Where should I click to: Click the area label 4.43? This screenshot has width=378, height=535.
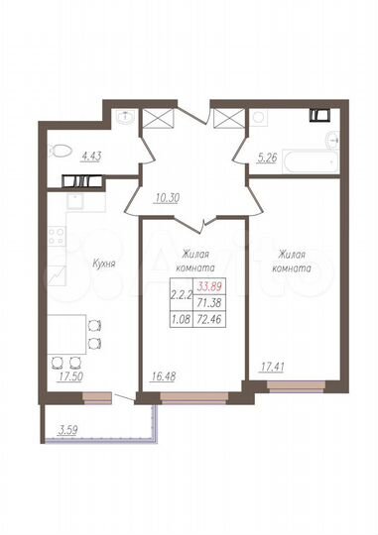point(91,154)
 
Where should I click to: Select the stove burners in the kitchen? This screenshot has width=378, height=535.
point(56,238)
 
